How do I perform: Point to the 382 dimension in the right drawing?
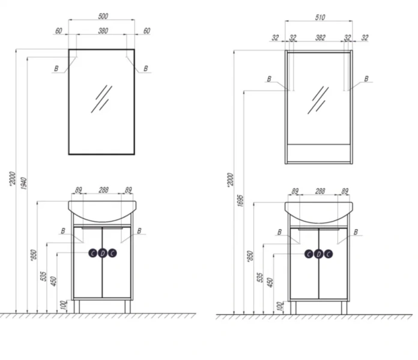click(320, 38)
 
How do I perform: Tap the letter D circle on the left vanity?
click(102, 253)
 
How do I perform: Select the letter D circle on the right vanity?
click(318, 253)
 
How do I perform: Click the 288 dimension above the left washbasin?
click(103, 190)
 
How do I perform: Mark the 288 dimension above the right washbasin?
click(320, 191)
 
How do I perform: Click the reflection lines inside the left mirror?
click(101, 98)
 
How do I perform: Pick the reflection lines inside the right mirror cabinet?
click(318, 100)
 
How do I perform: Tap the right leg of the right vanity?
click(344, 307)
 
